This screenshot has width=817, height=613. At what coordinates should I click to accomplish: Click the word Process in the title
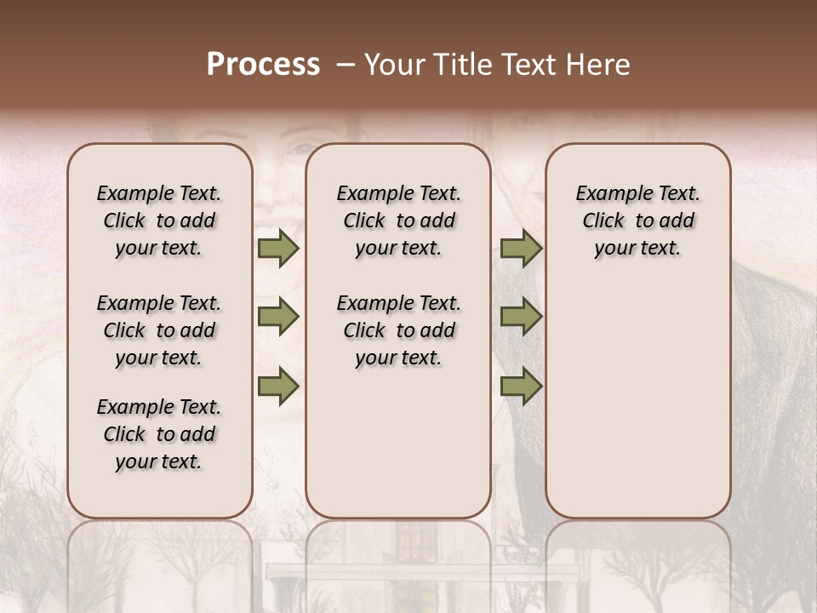263,65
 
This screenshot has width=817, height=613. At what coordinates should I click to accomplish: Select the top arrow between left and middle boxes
277,249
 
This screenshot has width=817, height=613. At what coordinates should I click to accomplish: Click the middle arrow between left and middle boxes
277,318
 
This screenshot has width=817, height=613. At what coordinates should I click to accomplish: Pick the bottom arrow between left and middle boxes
277,387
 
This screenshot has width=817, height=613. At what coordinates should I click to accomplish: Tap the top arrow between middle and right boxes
521,249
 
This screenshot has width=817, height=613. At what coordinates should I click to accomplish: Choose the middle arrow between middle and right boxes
521,318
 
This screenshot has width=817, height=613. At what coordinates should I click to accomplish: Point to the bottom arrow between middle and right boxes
521,387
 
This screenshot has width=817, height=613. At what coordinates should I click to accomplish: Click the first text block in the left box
159,221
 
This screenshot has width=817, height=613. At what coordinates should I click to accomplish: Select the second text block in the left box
159,330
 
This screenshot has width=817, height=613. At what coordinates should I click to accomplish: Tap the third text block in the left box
159,434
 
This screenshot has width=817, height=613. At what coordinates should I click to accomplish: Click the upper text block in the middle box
398,221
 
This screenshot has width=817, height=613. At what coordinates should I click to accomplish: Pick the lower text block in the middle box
398,330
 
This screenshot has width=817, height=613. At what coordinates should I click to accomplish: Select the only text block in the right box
637,221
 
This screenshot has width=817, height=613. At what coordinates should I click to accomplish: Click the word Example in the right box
609,193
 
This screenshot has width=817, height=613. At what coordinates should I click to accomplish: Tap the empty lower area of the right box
637,400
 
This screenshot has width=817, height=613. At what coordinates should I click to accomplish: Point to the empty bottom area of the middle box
398,443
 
